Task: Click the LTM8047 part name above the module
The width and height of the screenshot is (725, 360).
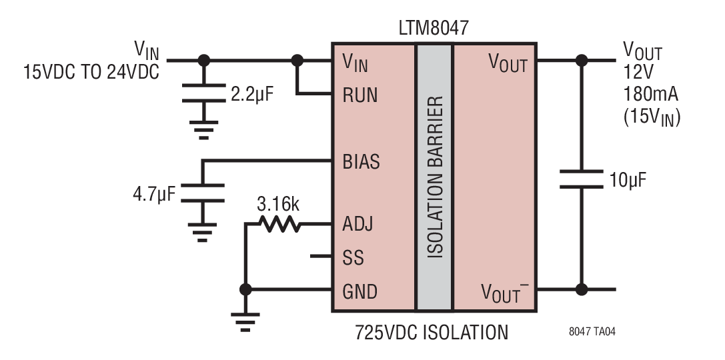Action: click(434, 29)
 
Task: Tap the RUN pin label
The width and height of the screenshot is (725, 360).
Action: click(360, 95)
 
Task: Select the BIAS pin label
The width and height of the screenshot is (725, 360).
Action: click(361, 162)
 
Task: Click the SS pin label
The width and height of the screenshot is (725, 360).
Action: click(353, 257)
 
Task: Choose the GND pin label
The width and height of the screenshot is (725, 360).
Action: click(359, 291)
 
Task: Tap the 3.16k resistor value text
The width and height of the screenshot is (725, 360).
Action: click(278, 204)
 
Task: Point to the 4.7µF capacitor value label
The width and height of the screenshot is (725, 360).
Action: click(154, 193)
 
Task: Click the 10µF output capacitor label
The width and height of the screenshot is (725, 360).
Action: click(627, 180)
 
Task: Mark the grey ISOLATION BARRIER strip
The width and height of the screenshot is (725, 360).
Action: click(434, 177)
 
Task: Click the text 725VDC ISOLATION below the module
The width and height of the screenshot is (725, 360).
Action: click(432, 332)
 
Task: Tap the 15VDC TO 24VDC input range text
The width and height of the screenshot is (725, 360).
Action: click(91, 72)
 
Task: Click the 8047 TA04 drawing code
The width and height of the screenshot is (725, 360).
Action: click(592, 332)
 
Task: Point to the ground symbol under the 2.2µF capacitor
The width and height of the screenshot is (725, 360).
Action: click(204, 129)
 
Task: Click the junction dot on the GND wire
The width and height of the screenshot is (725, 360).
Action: click(245, 290)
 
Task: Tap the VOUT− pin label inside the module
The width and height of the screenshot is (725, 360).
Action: click(504, 293)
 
